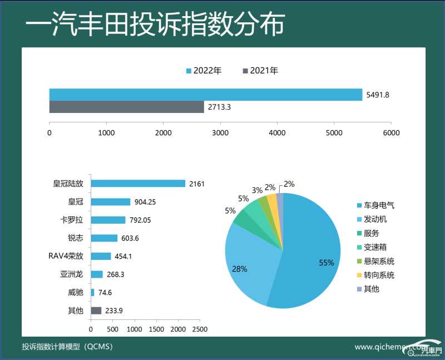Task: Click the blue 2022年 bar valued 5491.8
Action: [206, 95]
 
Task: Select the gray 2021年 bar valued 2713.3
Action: [127, 107]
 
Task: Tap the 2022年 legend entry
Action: [204, 71]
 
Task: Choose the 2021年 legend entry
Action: [260, 71]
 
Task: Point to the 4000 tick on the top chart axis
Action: [277, 132]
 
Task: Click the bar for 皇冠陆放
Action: [138, 184]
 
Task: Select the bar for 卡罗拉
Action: [108, 220]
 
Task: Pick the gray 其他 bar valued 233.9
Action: [96, 310]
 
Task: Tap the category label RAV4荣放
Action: [66, 256]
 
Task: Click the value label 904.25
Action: [146, 202]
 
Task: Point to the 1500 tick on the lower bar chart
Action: [156, 329]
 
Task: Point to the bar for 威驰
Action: [92, 292]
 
